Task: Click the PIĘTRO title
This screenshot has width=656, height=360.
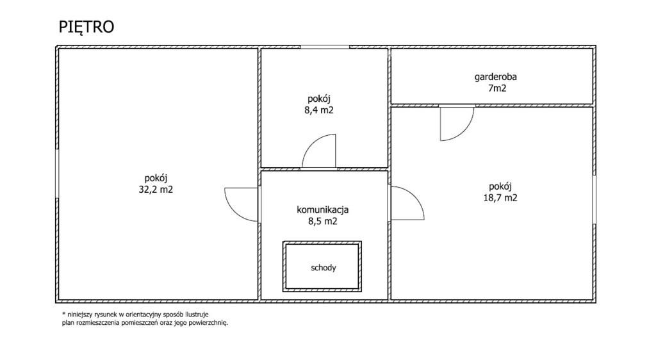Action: tap(86, 27)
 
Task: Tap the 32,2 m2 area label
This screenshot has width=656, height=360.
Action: tap(156, 190)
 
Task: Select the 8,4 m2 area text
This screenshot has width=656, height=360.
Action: tap(319, 110)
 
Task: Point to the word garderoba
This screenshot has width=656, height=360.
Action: tap(495, 77)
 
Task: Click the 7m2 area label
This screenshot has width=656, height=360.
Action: tap(497, 88)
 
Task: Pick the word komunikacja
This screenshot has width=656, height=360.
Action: tap(323, 210)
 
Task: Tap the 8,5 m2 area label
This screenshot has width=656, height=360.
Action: tap(323, 221)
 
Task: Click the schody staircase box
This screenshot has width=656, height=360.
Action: tap(322, 266)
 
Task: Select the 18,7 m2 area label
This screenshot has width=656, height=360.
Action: tap(500, 198)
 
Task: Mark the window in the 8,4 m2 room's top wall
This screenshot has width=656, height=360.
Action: tap(325, 47)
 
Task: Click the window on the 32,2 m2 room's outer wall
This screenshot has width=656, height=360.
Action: tap(57, 173)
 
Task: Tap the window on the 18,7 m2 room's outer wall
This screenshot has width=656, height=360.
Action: tap(594, 199)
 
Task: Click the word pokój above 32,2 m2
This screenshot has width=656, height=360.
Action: tap(156, 179)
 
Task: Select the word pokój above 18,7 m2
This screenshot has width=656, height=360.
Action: tap(500, 186)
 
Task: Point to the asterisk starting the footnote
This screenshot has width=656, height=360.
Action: tap(64, 314)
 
